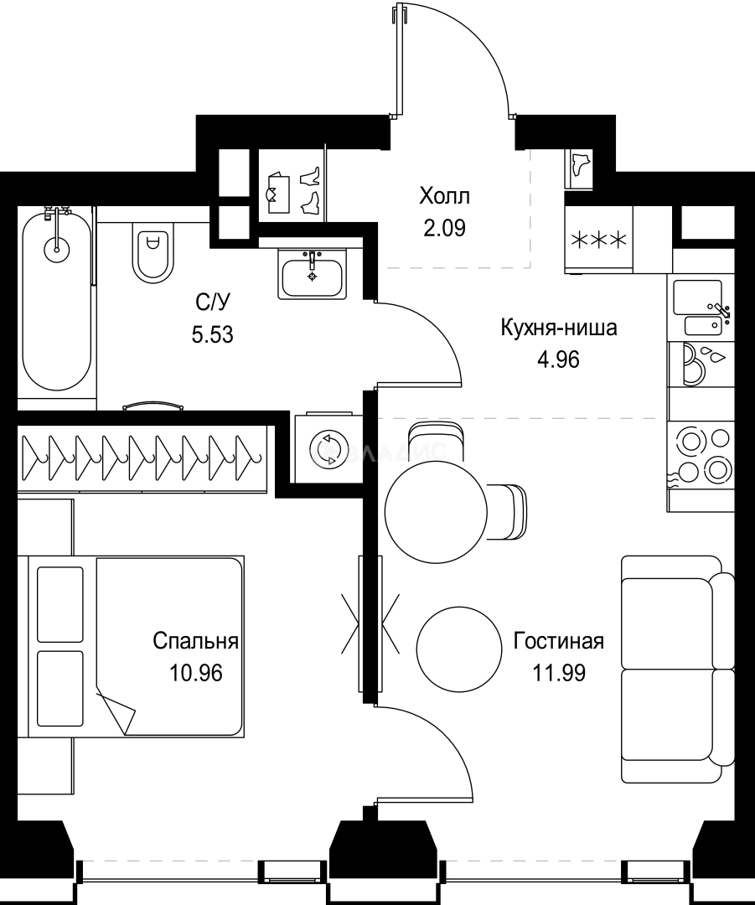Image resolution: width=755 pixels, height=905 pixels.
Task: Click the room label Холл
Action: coord(444,197)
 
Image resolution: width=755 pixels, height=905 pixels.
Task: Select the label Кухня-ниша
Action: coord(558,328)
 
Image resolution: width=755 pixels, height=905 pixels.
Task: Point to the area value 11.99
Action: coord(558,671)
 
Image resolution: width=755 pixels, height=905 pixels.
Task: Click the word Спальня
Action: coord(195,642)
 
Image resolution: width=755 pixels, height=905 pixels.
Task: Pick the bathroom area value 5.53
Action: coord(212,336)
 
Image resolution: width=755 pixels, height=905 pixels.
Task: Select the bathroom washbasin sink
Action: coord(313,276)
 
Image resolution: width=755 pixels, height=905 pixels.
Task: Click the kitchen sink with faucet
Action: coord(702,308)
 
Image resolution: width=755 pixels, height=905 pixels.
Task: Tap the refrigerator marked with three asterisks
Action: coord(598,240)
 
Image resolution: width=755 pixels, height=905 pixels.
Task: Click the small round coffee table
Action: coord(458,645)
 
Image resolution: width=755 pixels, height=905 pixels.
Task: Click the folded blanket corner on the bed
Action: coord(117,712)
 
